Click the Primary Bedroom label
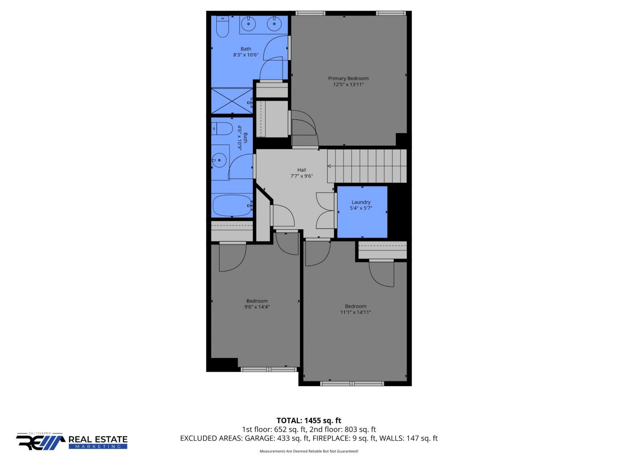pos(348,78)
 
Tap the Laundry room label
pos(361,202)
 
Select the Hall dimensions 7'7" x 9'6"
pos(302,176)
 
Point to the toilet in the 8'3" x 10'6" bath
pos(222,27)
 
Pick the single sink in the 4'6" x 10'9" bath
pos(219,160)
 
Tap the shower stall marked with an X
pos(232,101)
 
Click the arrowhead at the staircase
pos(329,166)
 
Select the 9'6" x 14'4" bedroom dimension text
pos(257,307)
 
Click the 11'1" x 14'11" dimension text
pos(356,312)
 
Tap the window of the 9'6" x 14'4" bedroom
pos(269,369)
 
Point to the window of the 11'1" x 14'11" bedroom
pos(352,384)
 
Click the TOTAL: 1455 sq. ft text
pos(309,420)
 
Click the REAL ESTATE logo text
pos(98,439)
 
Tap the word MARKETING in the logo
pos(98,447)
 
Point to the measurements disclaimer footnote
pos(309,451)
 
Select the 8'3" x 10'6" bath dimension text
pos(246,55)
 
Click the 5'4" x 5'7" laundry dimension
pos(361,208)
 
